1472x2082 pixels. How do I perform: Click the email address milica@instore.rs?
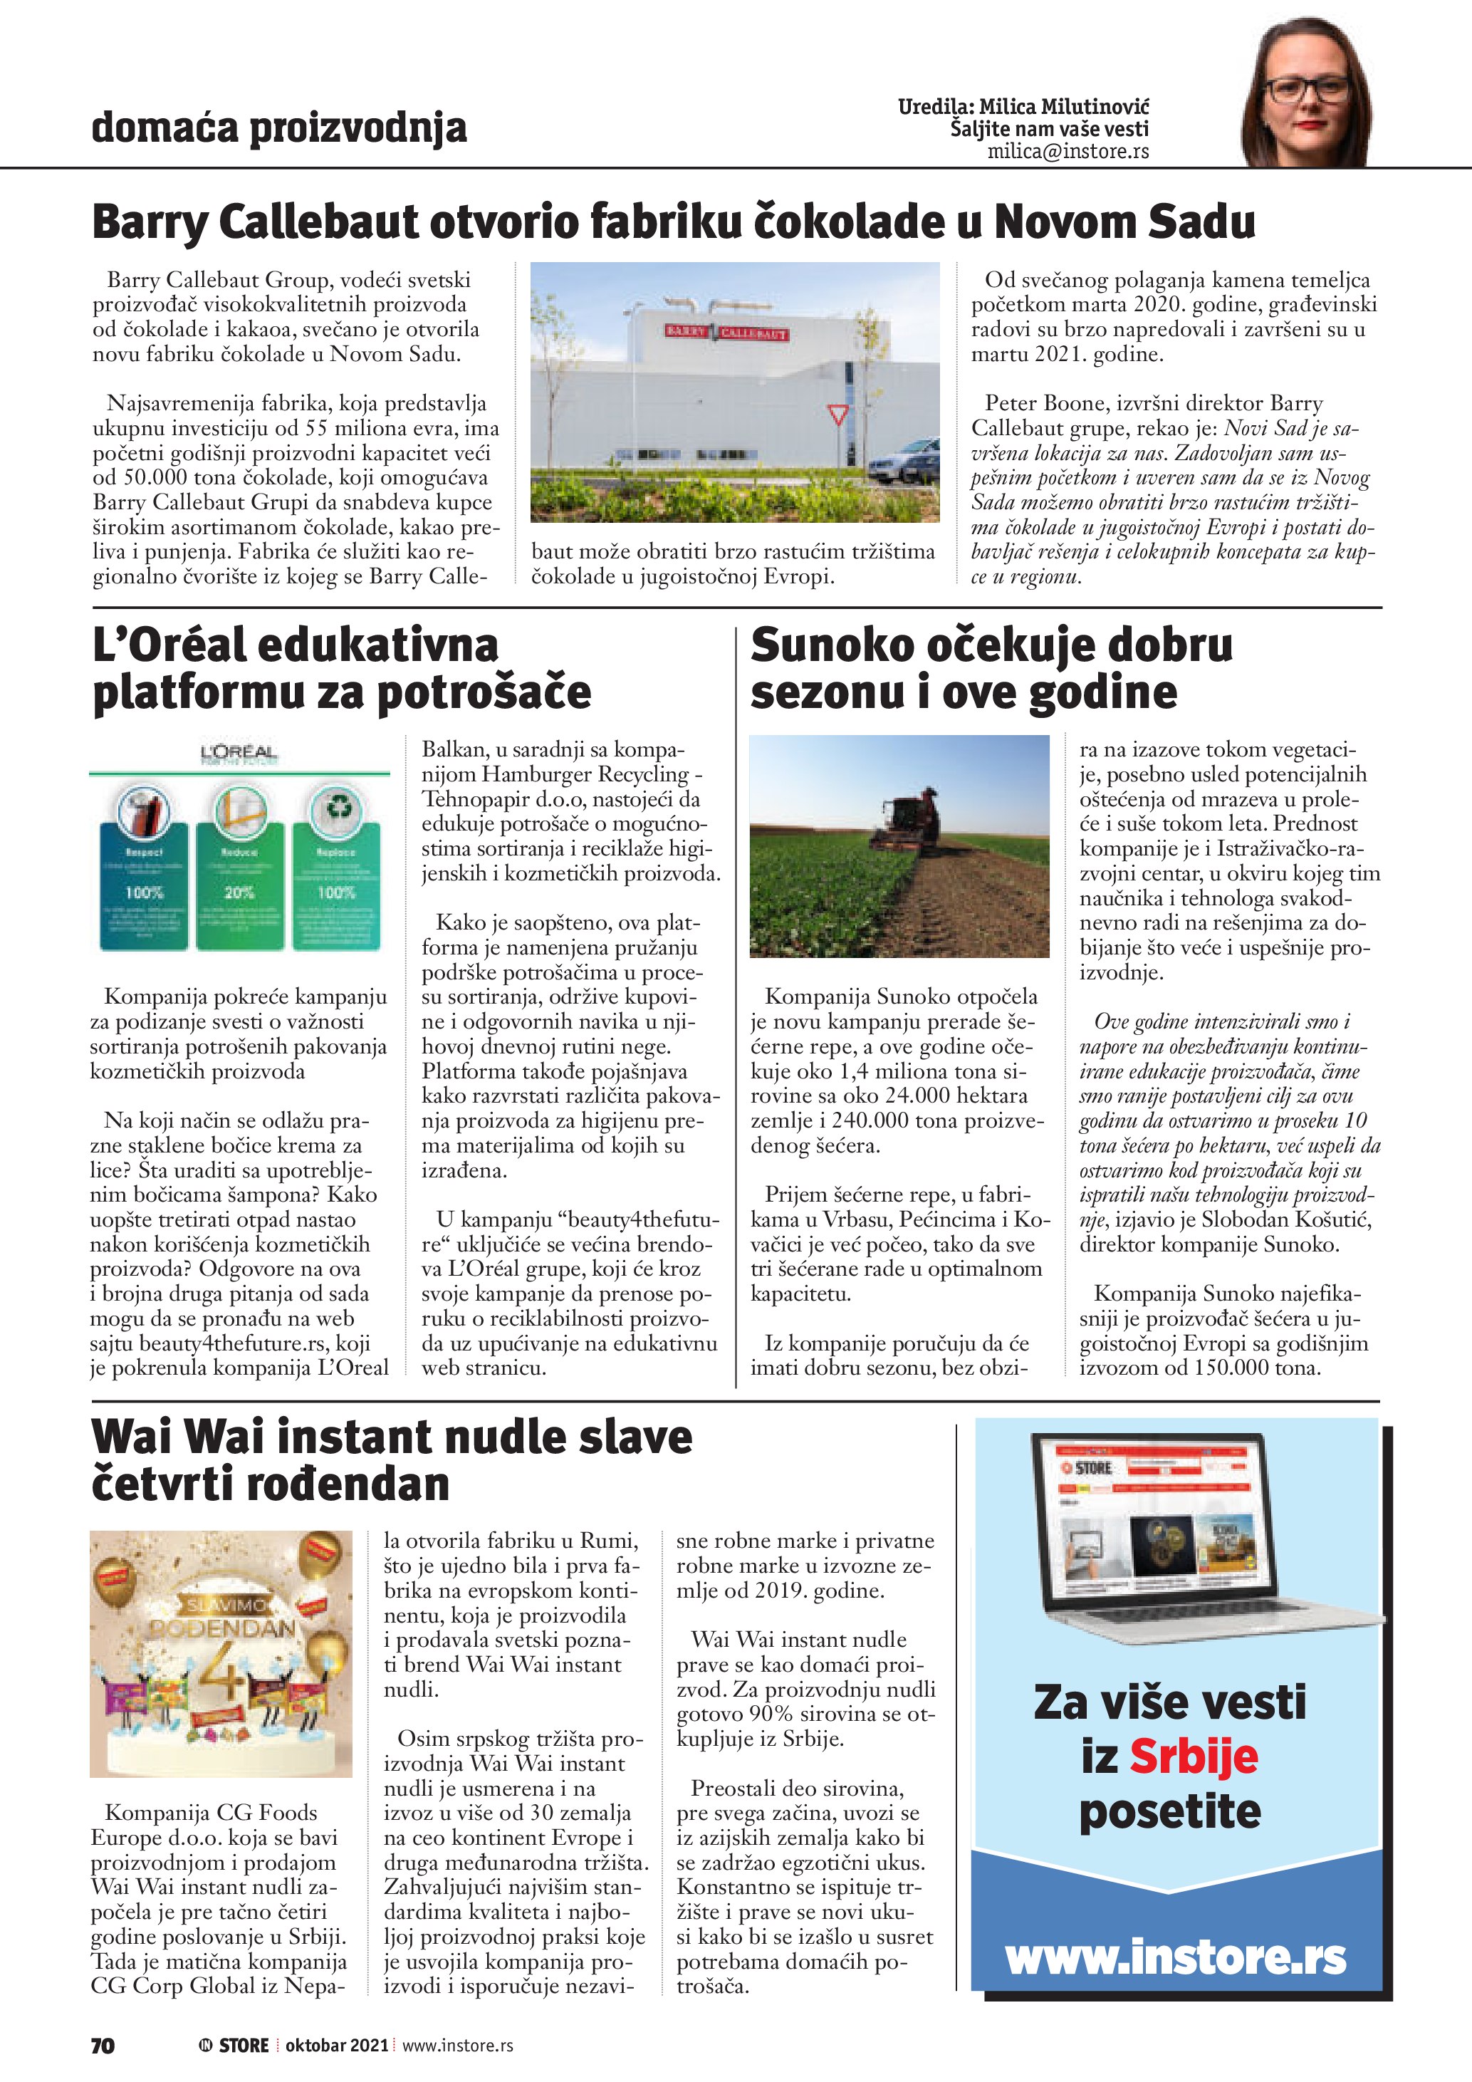click(x=1068, y=152)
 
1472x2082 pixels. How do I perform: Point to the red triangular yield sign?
click(x=838, y=416)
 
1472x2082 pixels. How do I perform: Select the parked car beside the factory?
click(x=904, y=461)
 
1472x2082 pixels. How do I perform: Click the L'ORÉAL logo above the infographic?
click(x=239, y=753)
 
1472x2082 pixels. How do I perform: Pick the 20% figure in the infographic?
click(x=239, y=892)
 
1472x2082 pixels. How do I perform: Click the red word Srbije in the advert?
click(x=1193, y=1756)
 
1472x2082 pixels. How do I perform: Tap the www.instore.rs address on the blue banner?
click(x=1176, y=1958)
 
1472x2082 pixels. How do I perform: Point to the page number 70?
click(x=103, y=2045)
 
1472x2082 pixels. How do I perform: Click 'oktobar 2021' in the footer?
click(x=336, y=2045)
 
